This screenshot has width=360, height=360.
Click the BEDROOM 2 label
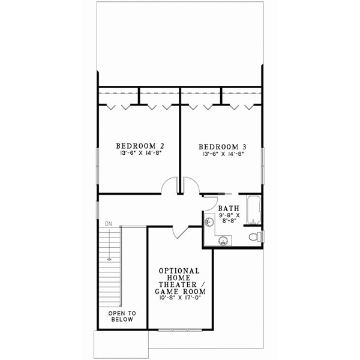tap(140, 146)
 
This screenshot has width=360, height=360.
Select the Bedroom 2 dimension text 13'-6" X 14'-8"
tap(140, 154)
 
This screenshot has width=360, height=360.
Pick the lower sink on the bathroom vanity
tap(223, 241)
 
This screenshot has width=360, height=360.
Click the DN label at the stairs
tap(109, 224)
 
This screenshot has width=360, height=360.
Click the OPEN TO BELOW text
tap(122, 316)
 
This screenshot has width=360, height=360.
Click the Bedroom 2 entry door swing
tap(169, 187)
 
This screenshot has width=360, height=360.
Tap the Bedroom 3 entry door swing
tap(190, 187)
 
